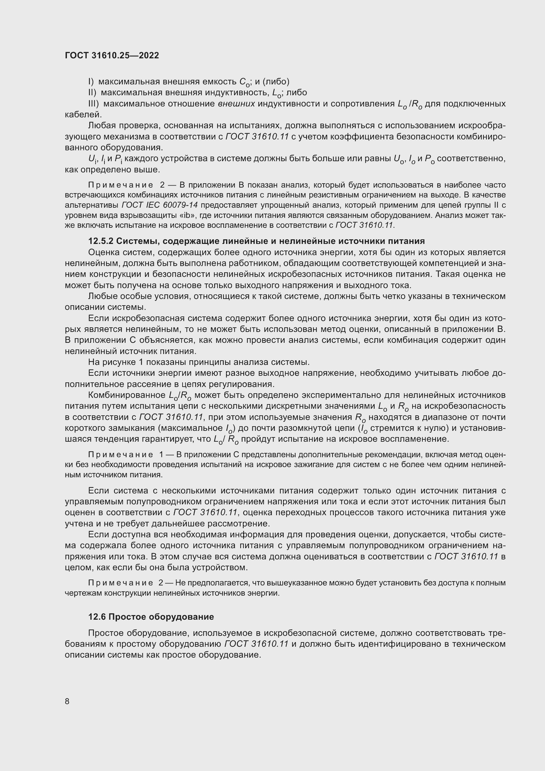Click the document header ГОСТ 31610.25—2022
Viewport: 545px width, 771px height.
tap(112, 55)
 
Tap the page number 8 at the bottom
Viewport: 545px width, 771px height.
tap(67, 701)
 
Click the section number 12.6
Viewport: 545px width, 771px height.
tap(97, 617)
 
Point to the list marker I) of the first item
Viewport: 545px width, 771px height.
tap(91, 82)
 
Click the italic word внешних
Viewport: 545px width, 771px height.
tap(236, 104)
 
